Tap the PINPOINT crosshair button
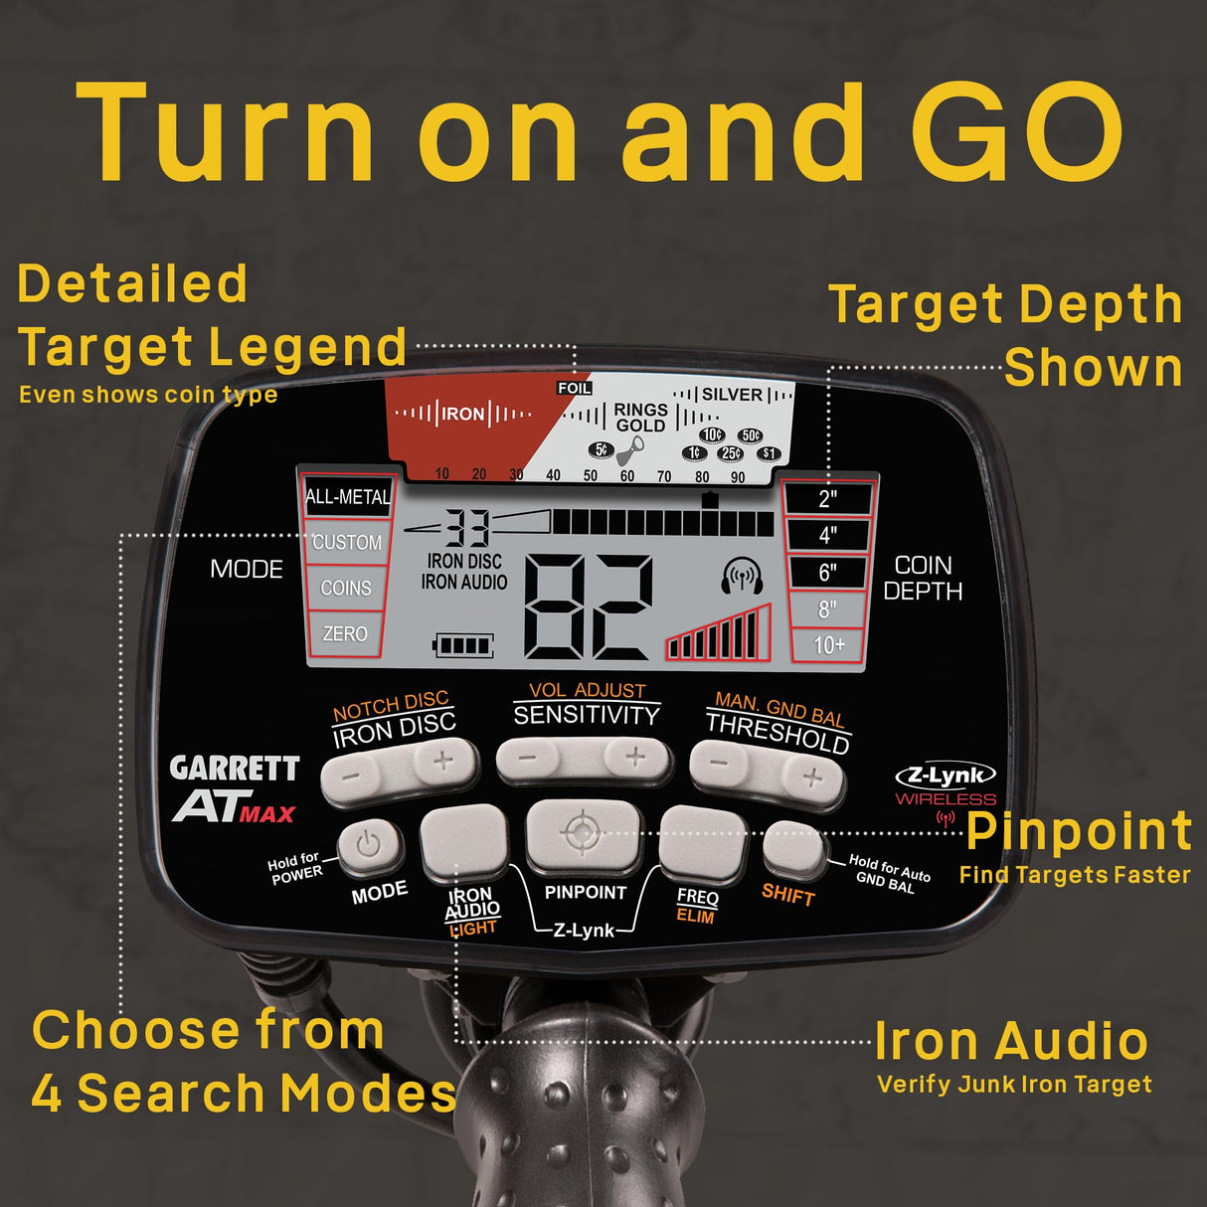[583, 833]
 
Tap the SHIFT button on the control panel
[792, 849]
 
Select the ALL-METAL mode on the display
[347, 496]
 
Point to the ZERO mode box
[345, 633]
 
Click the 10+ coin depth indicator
[828, 644]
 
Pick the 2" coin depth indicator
[828, 498]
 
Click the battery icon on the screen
[463, 646]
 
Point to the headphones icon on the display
[742, 576]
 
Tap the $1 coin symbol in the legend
[769, 454]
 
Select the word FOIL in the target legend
[575, 388]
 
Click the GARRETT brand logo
[235, 769]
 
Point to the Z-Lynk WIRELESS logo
[946, 784]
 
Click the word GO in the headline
[1017, 134]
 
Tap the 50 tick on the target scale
[591, 475]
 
